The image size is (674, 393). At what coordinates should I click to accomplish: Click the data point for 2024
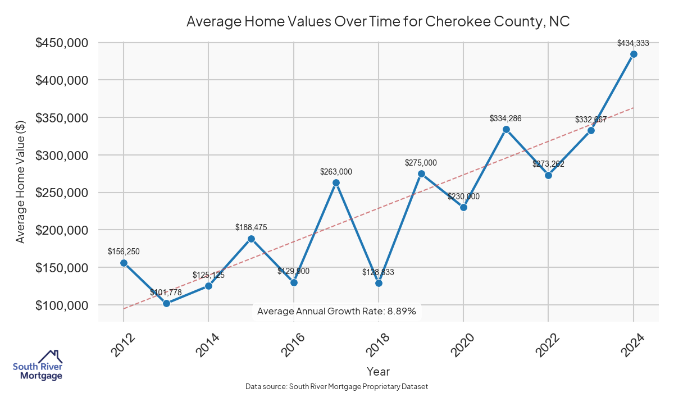(x=634, y=54)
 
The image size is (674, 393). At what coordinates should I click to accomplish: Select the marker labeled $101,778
(x=166, y=303)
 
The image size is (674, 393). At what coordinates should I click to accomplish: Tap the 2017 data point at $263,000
(x=336, y=182)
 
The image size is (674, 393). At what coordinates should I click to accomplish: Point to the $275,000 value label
(x=421, y=163)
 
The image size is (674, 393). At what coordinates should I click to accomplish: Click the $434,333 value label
(x=633, y=43)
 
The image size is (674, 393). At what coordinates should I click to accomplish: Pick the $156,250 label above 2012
(x=124, y=252)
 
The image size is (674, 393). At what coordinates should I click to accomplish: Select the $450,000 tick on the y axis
(x=62, y=43)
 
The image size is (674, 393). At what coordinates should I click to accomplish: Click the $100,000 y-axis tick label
(x=62, y=305)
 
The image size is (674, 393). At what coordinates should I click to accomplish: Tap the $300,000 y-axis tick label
(x=62, y=156)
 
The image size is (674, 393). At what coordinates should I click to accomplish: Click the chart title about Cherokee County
(x=377, y=22)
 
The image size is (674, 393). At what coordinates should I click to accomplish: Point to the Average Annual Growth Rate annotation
(x=336, y=311)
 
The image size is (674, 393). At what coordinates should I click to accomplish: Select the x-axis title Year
(x=378, y=371)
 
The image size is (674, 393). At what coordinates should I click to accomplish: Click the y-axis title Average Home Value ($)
(x=20, y=181)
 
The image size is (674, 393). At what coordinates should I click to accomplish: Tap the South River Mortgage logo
(x=38, y=365)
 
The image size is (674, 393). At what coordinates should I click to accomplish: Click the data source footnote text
(x=337, y=386)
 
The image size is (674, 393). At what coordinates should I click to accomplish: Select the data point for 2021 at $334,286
(x=506, y=129)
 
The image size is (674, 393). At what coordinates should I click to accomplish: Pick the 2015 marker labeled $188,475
(x=251, y=239)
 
